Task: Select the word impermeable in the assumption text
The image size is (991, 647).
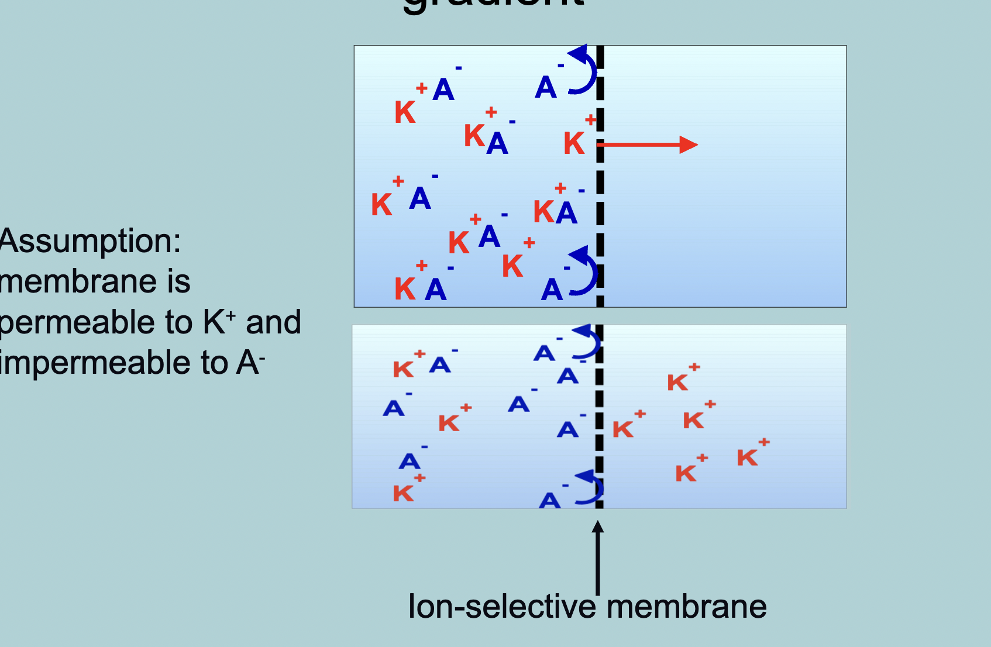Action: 113,363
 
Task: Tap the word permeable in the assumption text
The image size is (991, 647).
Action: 97,322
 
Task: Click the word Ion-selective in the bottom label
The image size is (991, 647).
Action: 501,607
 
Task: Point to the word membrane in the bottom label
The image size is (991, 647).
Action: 686,607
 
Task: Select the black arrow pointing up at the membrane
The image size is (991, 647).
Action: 597,556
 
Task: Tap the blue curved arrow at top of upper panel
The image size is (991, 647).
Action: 583,70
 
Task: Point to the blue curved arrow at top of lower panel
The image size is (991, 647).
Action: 587,342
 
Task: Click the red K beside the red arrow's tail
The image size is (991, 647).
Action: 574,143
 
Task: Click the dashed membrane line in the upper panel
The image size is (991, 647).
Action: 600,175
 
